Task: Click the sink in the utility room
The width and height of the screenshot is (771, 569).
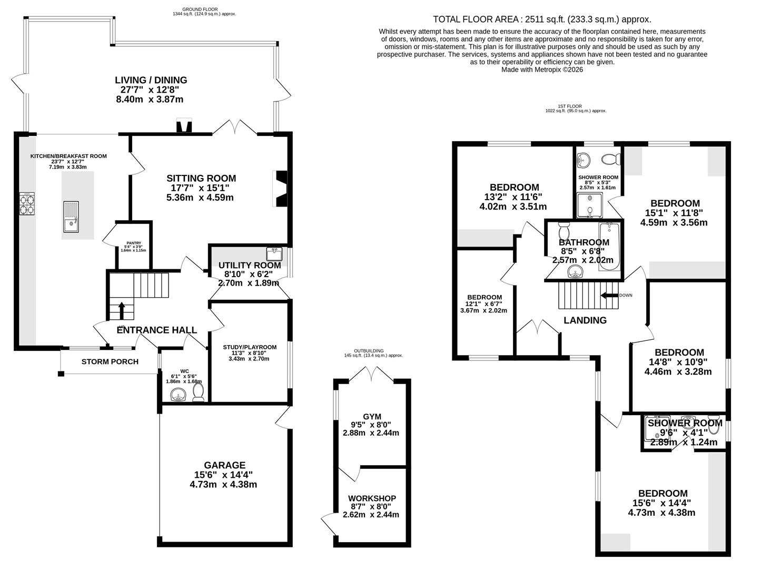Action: [274, 254]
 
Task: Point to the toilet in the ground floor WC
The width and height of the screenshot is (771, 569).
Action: [199, 393]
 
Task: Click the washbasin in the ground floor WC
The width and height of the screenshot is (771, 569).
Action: [179, 395]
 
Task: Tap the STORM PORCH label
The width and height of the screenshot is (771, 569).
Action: [110, 361]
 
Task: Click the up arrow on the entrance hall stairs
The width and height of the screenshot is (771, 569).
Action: [121, 310]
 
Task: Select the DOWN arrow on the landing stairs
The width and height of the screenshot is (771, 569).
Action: [611, 295]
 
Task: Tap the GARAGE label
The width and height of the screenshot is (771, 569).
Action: [225, 465]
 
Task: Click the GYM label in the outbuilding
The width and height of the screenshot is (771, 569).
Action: [372, 416]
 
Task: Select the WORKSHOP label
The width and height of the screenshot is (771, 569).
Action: [372, 498]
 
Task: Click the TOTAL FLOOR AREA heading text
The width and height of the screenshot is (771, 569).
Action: [541, 19]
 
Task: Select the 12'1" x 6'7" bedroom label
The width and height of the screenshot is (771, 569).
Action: [484, 297]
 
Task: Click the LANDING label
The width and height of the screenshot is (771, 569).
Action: [585, 320]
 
